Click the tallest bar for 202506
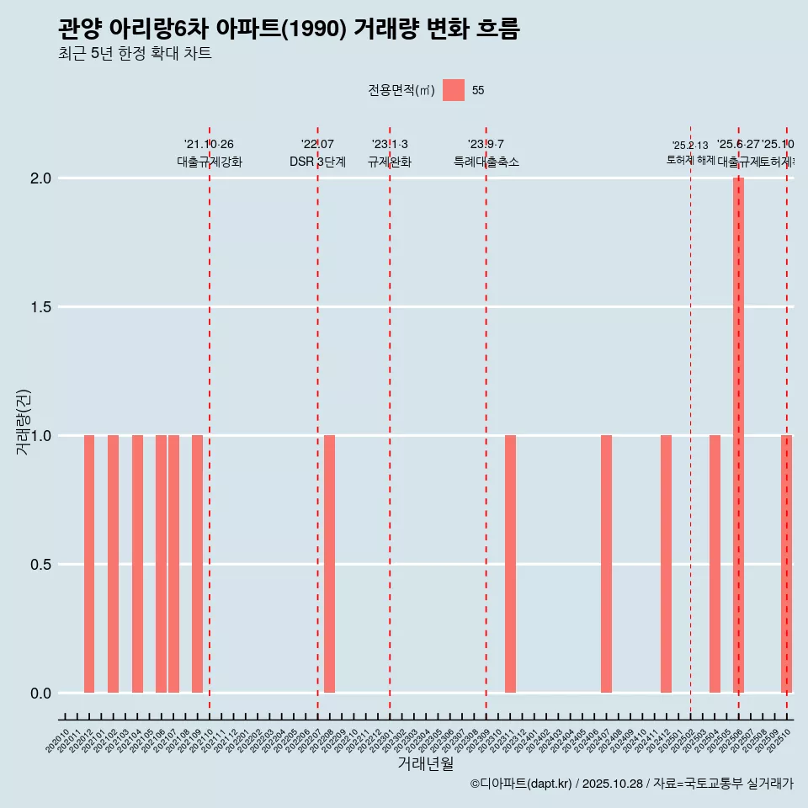738,435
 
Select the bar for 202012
89,564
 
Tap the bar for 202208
330,564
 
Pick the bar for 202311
510,564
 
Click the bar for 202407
606,564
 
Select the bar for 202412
666,564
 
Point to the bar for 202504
715,564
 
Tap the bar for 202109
197,564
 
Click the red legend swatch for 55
454,90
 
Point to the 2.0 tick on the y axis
41,178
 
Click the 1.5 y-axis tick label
41,307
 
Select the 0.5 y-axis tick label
41,565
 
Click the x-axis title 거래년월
425,764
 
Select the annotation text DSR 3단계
317,162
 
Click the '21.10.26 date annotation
209,144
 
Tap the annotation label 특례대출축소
486,162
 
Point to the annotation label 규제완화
390,162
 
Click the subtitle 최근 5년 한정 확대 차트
135,54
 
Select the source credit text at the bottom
631,784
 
